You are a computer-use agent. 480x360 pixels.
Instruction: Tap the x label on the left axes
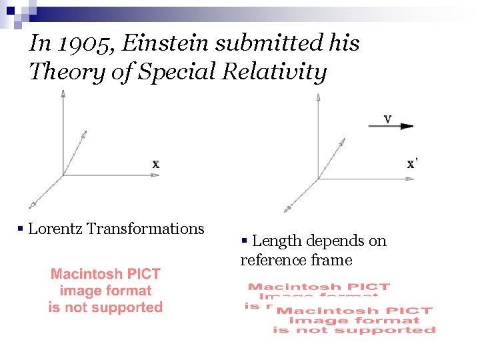click(x=155, y=164)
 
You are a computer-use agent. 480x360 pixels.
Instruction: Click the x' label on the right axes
click(x=412, y=164)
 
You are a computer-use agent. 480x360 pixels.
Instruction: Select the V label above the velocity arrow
click(x=387, y=119)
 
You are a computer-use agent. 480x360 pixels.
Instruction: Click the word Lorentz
click(x=55, y=229)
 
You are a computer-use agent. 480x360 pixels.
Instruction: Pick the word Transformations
click(x=145, y=229)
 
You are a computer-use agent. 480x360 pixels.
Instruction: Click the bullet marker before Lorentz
click(x=21, y=230)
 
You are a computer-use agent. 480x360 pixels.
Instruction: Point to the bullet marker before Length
click(x=245, y=241)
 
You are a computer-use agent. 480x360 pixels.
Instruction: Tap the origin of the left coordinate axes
click(x=63, y=175)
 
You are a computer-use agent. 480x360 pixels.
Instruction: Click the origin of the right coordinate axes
click(x=319, y=179)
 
